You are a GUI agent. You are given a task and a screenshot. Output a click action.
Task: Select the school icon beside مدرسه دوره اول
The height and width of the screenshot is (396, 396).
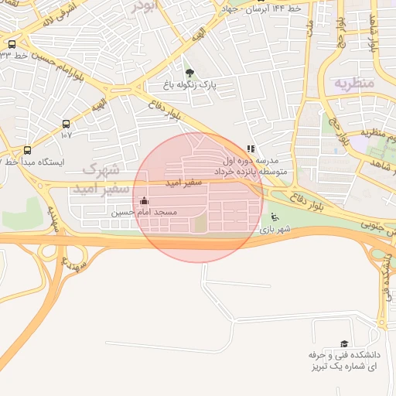pyautogui.click(x=250, y=149)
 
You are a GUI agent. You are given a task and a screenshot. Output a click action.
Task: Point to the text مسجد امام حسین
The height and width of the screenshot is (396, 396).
pyautogui.click(x=145, y=212)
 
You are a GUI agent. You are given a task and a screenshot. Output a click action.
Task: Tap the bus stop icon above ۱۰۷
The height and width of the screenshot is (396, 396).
pyautogui.click(x=66, y=124)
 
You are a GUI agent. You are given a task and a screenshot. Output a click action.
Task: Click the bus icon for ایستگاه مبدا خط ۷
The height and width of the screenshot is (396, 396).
pyautogui.click(x=28, y=150)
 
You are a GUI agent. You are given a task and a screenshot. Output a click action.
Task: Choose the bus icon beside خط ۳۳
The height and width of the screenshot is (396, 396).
pyautogui.click(x=12, y=44)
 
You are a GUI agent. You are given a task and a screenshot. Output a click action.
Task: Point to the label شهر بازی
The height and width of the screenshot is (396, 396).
pyautogui.click(x=275, y=230)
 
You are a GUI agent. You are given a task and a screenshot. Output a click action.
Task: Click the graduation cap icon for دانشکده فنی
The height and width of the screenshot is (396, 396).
pyautogui.click(x=344, y=343)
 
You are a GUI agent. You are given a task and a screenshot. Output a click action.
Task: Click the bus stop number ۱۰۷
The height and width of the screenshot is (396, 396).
pyautogui.click(x=66, y=135)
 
